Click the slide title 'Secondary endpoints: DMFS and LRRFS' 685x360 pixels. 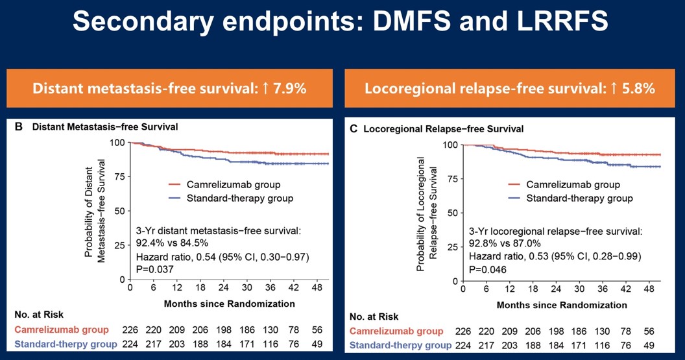[x=342, y=22]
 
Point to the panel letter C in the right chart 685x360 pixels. [x=354, y=129]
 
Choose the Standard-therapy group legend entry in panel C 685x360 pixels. [x=578, y=198]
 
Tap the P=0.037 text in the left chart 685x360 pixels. [x=156, y=268]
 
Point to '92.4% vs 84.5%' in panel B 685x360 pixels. [x=171, y=243]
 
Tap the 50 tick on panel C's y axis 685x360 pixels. [x=453, y=213]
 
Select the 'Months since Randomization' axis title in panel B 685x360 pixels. [x=230, y=303]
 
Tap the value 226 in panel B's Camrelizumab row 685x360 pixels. [x=131, y=330]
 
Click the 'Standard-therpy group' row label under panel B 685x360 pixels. [x=66, y=344]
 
